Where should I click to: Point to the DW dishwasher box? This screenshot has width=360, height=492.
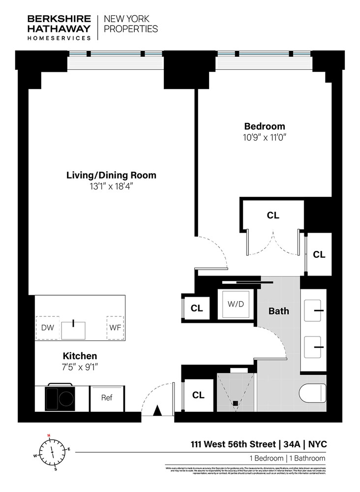pos(48,328)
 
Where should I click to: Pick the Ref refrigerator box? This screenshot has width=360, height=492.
pos(107,398)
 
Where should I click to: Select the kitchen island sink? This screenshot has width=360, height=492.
pos(73,329)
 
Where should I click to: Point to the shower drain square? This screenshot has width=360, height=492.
pos(235,403)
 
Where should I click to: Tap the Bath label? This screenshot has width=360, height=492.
pos(278,311)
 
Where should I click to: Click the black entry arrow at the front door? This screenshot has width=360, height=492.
pos(157,410)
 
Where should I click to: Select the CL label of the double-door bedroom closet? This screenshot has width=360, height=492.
pos(273,215)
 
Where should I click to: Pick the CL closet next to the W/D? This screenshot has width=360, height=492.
pos(197,308)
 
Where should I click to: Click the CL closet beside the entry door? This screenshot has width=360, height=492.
pos(198,395)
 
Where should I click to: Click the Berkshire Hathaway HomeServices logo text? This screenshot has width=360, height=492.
pos(59,27)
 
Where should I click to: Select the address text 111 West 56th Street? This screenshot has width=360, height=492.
pos(233,444)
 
